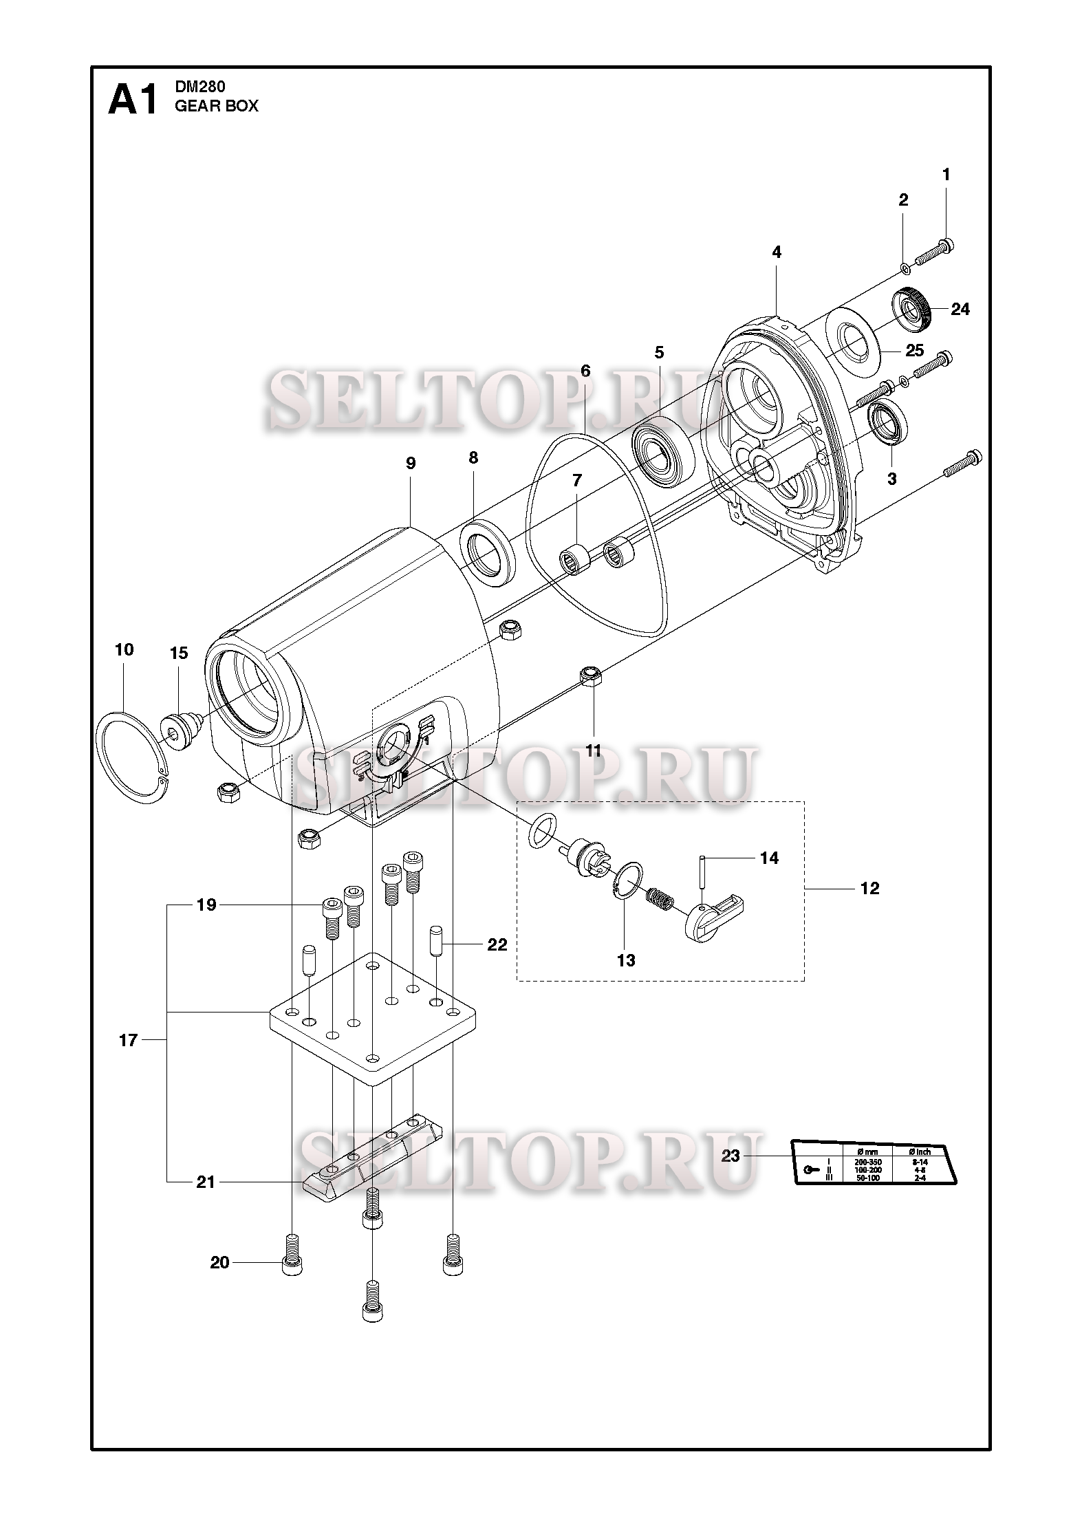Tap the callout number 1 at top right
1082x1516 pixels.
pyautogui.click(x=946, y=175)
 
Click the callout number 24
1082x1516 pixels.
pyautogui.click(x=960, y=310)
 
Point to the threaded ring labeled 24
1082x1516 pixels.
pyautogui.click(x=912, y=306)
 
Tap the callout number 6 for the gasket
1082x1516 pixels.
pyautogui.click(x=585, y=371)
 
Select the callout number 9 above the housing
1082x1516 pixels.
pyautogui.click(x=411, y=463)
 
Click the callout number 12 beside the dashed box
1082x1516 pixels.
pyautogui.click(x=869, y=889)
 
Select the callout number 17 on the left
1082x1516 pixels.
pyautogui.click(x=129, y=1041)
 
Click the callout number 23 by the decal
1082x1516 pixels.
pyautogui.click(x=730, y=1156)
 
